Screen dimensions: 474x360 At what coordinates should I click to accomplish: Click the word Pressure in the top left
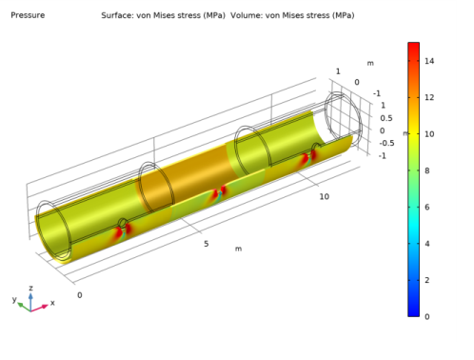28,15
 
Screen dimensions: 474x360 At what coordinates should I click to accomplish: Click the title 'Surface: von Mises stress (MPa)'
163,15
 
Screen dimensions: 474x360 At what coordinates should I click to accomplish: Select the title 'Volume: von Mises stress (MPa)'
292,15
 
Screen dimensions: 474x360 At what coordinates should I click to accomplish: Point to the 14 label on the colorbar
429,61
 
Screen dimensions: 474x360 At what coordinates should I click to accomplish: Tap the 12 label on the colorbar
429,97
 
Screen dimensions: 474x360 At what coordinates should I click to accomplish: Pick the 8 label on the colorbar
427,170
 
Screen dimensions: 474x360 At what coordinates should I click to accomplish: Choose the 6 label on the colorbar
427,208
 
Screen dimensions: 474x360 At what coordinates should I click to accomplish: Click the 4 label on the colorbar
427,244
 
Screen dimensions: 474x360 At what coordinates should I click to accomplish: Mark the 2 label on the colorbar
427,280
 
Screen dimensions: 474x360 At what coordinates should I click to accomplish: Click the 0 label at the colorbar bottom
427,317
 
